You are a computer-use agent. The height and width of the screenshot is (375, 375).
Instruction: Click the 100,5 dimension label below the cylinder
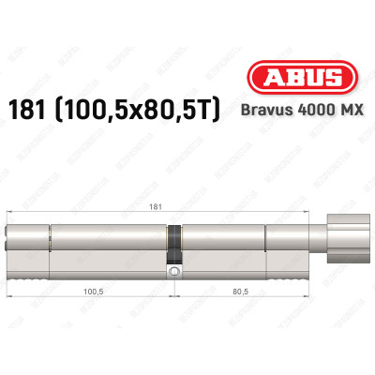point(92,292)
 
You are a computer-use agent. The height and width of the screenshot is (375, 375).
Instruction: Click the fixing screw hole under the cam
point(173,273)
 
